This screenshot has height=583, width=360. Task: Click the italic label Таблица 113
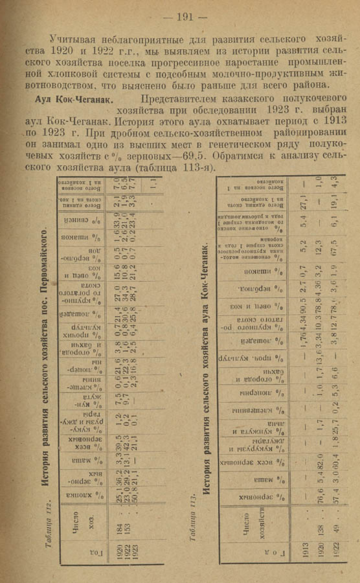pyautogui.click(x=192, y=535)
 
